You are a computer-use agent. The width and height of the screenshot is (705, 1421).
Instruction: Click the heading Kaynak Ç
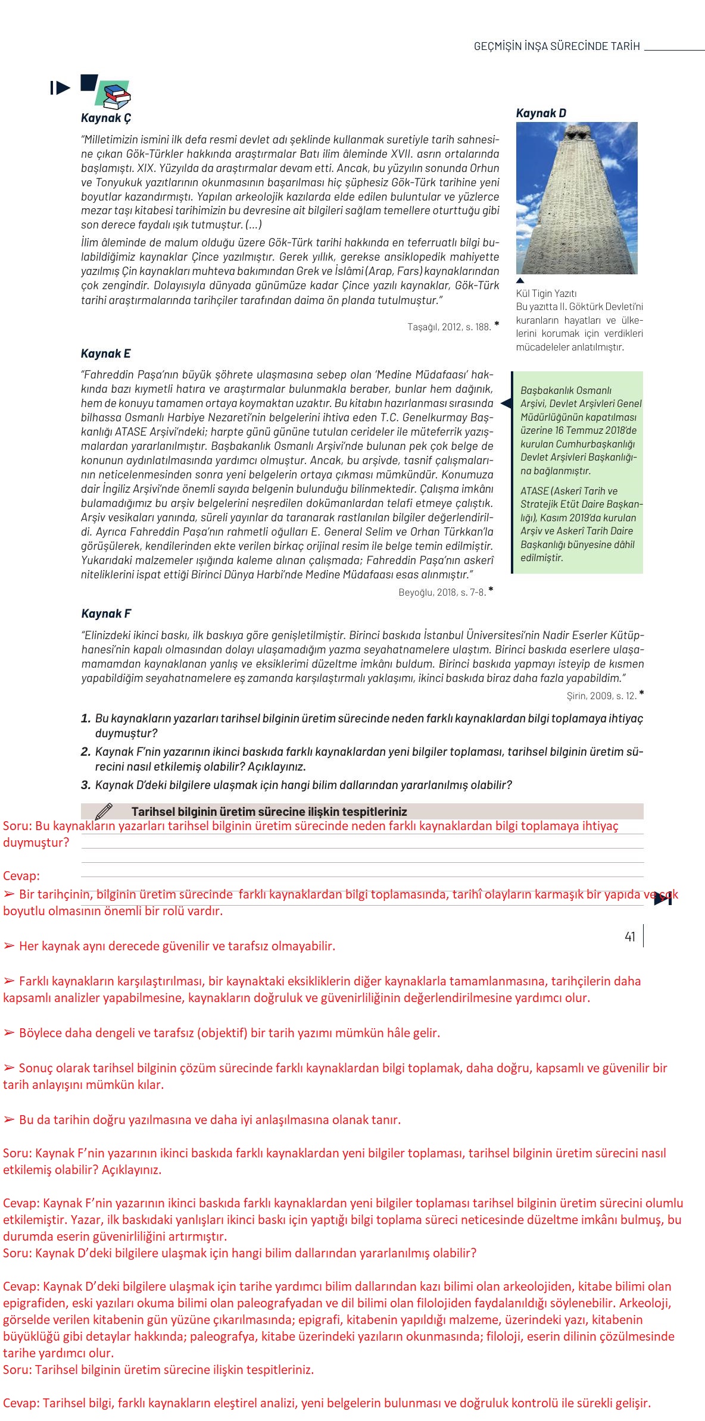(x=106, y=118)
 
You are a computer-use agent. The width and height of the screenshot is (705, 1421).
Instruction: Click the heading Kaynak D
(x=541, y=113)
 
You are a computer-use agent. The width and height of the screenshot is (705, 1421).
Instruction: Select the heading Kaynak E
(x=105, y=353)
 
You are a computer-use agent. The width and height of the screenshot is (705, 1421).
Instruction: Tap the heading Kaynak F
(x=105, y=614)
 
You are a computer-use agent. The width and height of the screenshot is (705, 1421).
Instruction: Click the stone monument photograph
(x=576, y=198)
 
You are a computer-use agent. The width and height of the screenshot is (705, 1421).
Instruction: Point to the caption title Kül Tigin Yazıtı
(x=546, y=293)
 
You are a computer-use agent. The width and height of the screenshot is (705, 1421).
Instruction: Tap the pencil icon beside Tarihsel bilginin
(x=104, y=811)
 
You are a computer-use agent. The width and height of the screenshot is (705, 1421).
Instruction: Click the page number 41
(x=630, y=937)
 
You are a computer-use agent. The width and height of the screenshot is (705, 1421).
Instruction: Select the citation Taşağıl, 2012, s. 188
(x=449, y=327)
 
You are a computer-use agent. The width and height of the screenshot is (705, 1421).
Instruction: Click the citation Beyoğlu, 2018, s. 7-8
(x=442, y=592)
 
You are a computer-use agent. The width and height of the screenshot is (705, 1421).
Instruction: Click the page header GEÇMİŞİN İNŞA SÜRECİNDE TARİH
(x=556, y=46)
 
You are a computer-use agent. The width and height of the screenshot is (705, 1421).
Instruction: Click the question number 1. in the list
(x=86, y=719)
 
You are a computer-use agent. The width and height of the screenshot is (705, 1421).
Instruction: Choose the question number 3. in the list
(x=86, y=785)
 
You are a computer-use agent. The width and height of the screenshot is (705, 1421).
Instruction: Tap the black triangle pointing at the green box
(x=506, y=403)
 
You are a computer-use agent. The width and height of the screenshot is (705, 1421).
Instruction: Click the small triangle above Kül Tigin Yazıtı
(x=520, y=280)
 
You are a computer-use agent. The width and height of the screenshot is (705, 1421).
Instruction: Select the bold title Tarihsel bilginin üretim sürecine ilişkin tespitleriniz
(x=269, y=812)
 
